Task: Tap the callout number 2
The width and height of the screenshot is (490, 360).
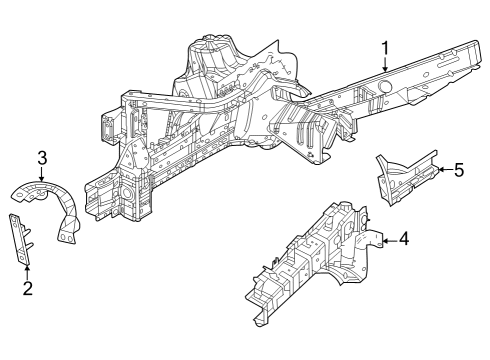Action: point(28,289)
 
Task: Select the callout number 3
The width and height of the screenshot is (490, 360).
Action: point(42,157)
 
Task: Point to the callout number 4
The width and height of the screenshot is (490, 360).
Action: point(402,238)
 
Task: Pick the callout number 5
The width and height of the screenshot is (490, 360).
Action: point(458,170)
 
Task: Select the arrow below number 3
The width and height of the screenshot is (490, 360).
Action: point(42,177)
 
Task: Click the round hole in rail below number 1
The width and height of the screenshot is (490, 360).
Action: point(383,88)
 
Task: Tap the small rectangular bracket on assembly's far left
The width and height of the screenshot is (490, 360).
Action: point(105,128)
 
